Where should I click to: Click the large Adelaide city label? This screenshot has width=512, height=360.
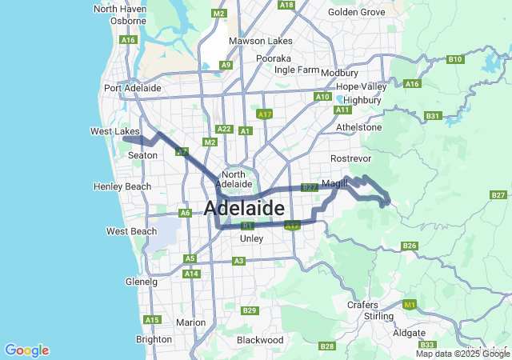[244, 209]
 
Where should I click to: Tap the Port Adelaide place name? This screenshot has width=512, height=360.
[133, 88]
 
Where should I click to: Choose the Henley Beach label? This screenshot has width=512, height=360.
[122, 186]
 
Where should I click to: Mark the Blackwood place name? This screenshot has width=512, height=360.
[260, 340]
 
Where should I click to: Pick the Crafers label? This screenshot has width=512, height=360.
[362, 305]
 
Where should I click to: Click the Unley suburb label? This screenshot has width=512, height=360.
[251, 238]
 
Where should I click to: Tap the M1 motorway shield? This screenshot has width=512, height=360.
[410, 305]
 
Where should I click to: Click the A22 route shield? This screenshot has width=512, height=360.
[224, 129]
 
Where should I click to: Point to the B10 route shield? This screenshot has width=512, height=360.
[455, 59]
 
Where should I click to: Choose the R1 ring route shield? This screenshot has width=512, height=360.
[247, 226]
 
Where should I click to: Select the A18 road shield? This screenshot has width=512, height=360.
[286, 5]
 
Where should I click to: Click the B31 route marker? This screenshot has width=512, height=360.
[433, 116]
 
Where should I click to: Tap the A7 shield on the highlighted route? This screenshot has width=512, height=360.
[182, 150]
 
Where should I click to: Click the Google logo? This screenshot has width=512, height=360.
[26, 350]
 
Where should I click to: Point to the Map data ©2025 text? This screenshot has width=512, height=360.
[462, 354]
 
